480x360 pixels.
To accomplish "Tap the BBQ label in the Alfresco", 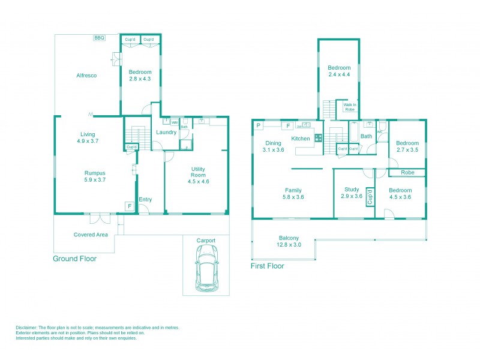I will (x=99, y=38).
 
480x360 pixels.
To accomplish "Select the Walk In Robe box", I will (x=350, y=107).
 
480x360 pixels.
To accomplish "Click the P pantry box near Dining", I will (x=258, y=126).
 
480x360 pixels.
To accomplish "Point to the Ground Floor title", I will (x=75, y=259).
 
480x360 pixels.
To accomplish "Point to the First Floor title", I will (x=268, y=266).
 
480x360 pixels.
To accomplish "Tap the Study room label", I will (x=352, y=192).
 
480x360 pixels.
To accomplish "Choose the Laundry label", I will (x=166, y=132).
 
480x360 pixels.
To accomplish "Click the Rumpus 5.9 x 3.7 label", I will (x=95, y=176).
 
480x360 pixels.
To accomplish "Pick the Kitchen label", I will (x=301, y=139).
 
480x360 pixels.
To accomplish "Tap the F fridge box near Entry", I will (x=129, y=206).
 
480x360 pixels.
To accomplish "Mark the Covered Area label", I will (x=91, y=235).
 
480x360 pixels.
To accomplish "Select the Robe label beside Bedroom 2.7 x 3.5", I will (x=407, y=172).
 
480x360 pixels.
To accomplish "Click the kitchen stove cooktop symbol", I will (x=318, y=137).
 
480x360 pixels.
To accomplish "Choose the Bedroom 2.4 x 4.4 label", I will (x=339, y=71).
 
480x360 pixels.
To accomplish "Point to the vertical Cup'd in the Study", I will (x=370, y=198).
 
